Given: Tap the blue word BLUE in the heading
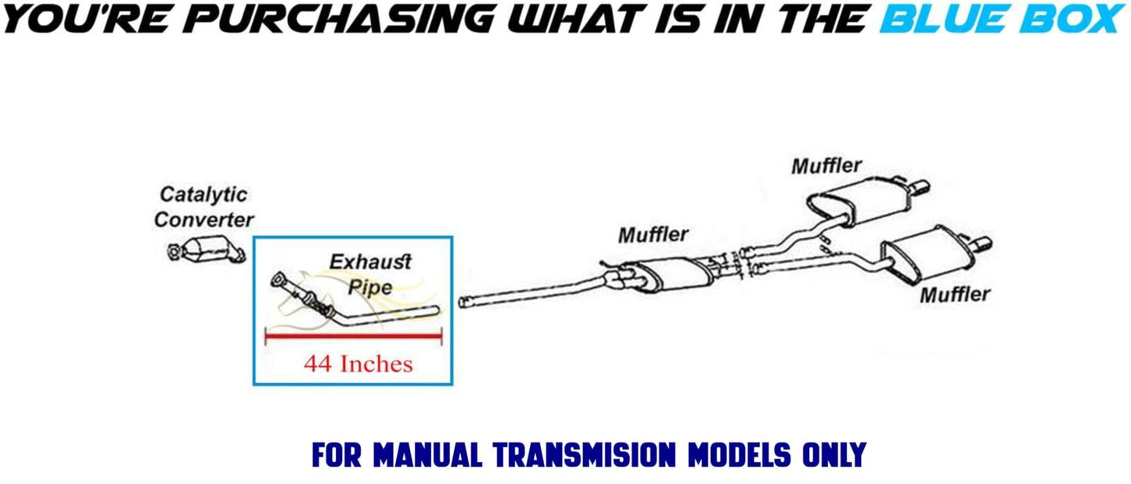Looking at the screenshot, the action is tap(946, 18).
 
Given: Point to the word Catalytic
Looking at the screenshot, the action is tap(204, 195).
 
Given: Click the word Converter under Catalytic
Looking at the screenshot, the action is tap(204, 220).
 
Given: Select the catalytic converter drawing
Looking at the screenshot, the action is tap(206, 250).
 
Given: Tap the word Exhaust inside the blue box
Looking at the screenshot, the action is tap(370, 262).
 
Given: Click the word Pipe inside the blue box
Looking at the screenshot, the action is tap(370, 288).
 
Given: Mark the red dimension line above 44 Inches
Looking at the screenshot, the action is tap(354, 335).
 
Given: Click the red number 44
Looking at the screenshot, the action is tap(318, 364).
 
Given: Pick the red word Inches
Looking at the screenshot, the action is tap(376, 364).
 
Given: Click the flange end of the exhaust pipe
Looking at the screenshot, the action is tap(278, 280).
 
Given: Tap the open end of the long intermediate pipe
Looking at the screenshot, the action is tap(462, 302).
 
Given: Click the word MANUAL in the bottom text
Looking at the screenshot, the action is tap(427, 455).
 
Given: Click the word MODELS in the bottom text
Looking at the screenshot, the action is tap(739, 455).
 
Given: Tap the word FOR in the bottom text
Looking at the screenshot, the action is tap(337, 455).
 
